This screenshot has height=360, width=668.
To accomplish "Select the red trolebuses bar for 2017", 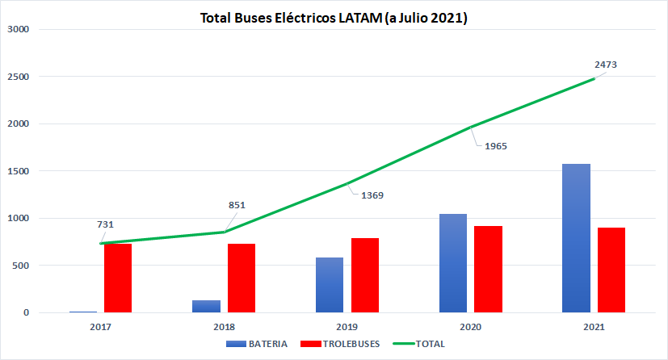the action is click(x=118, y=278).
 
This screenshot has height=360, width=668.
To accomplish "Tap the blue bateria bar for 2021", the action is click(x=577, y=238).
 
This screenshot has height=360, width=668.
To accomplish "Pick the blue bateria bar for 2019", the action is click(x=330, y=285).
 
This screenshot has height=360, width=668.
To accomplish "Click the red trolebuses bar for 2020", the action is click(x=488, y=270).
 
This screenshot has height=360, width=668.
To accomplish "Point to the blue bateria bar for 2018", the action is click(x=206, y=307).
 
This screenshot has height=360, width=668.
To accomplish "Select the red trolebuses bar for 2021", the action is click(x=611, y=270).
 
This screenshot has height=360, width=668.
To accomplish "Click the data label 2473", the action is click(x=606, y=65).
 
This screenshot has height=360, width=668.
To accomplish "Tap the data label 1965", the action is click(x=496, y=146).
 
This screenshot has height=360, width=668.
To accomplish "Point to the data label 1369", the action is click(x=372, y=195).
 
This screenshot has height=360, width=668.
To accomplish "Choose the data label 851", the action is click(x=237, y=205).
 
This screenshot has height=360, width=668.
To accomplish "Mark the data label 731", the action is click(x=105, y=224).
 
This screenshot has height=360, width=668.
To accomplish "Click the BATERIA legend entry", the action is click(x=257, y=344).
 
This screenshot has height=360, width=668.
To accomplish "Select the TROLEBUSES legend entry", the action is click(x=340, y=344).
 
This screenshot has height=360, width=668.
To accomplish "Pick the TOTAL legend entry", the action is click(x=418, y=344).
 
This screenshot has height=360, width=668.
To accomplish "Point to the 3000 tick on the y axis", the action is click(x=18, y=29).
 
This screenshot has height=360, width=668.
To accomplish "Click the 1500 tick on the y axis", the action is click(x=18, y=171).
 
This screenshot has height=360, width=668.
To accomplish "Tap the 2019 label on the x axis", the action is click(x=347, y=327).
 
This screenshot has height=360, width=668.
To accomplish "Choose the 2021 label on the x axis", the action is click(x=594, y=327).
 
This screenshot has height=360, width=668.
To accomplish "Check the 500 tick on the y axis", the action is click(x=20, y=266).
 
